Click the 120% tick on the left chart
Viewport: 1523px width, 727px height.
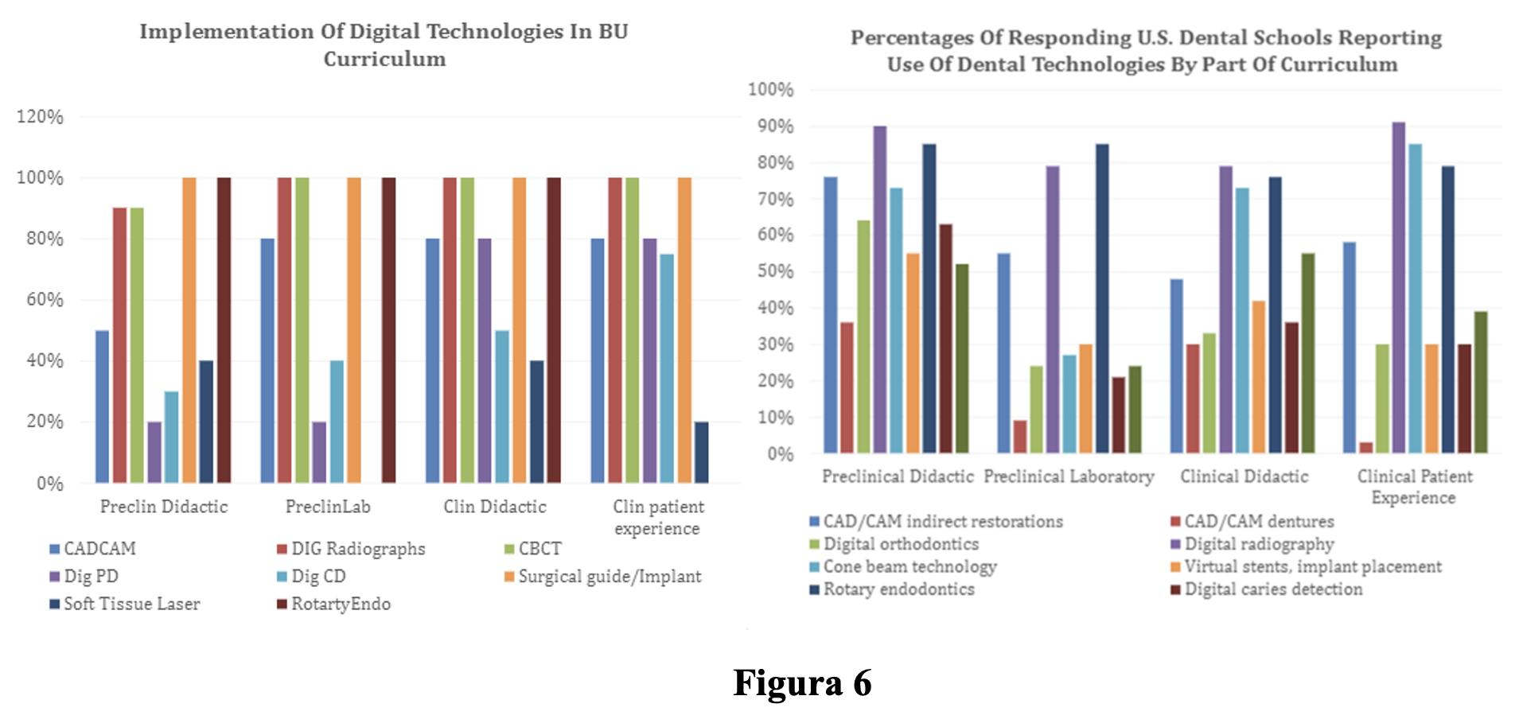pyautogui.click(x=40, y=117)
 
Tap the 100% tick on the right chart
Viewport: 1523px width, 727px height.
pyautogui.click(x=770, y=90)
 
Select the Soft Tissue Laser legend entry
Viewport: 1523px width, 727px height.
pyautogui.click(x=125, y=604)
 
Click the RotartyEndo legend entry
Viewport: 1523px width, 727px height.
pyautogui.click(x=334, y=604)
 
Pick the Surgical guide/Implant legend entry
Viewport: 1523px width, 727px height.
pyautogui.click(x=603, y=577)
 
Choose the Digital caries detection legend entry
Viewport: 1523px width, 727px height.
pyautogui.click(x=1267, y=589)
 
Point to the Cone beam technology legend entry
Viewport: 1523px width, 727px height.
pyautogui.click(x=903, y=566)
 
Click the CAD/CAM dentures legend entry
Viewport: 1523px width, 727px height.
pyautogui.click(x=1252, y=521)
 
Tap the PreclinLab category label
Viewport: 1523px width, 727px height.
pyautogui.click(x=328, y=507)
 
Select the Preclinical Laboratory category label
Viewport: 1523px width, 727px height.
pyautogui.click(x=1069, y=476)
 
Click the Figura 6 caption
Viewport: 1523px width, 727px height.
pyautogui.click(x=802, y=682)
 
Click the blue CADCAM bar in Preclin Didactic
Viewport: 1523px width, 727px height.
pyautogui.click(x=102, y=406)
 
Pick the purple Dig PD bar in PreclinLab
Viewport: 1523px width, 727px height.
pyautogui.click(x=319, y=452)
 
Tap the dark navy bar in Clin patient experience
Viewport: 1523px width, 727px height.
pyautogui.click(x=701, y=452)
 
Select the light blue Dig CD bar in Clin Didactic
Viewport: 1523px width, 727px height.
pyautogui.click(x=501, y=406)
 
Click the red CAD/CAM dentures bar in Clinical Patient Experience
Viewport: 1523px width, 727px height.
pyautogui.click(x=1365, y=448)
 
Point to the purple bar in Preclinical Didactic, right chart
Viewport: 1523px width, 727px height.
pyautogui.click(x=879, y=290)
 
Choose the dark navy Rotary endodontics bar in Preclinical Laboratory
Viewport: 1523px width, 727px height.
pyautogui.click(x=1101, y=298)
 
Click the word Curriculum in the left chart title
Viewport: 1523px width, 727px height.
pyautogui.click(x=384, y=59)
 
